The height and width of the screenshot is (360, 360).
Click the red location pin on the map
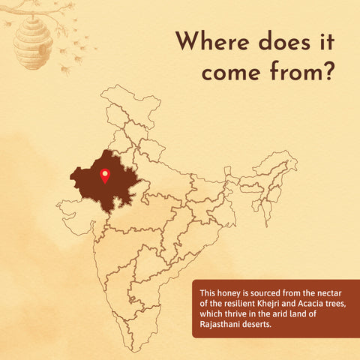pos(105,176)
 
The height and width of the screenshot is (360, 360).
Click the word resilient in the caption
pos(232,302)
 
